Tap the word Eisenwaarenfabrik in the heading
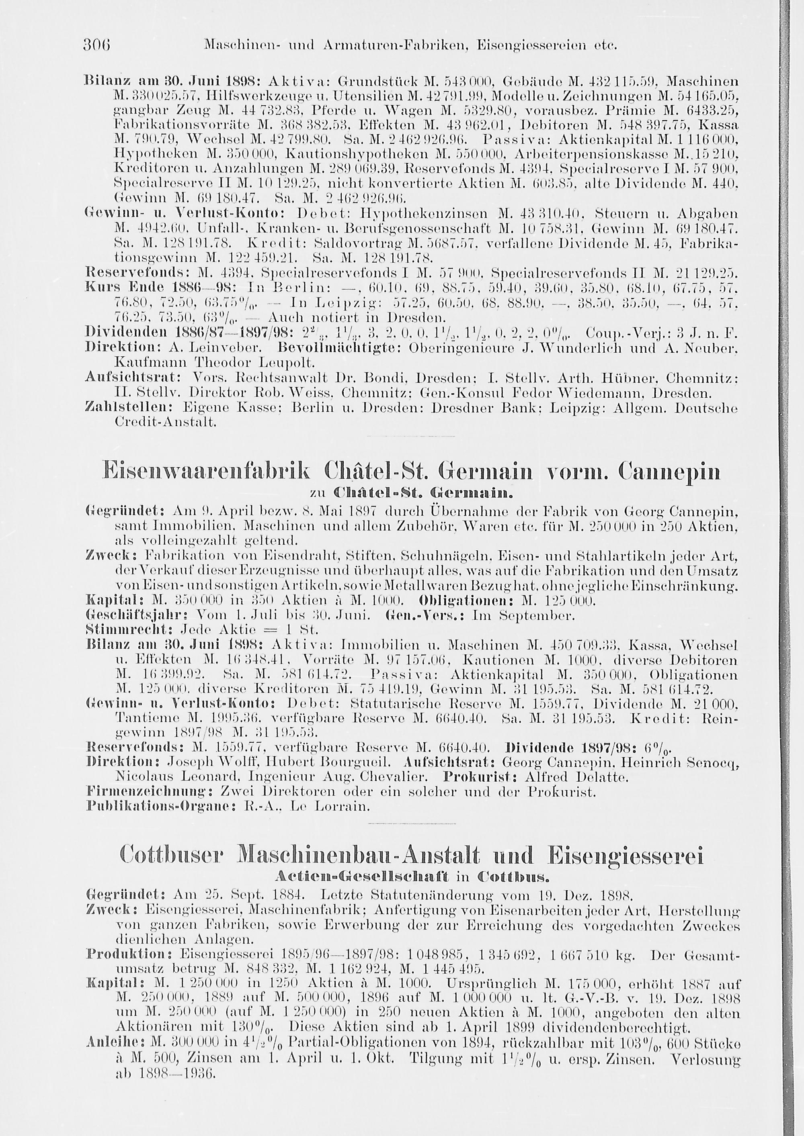point(218,472)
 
